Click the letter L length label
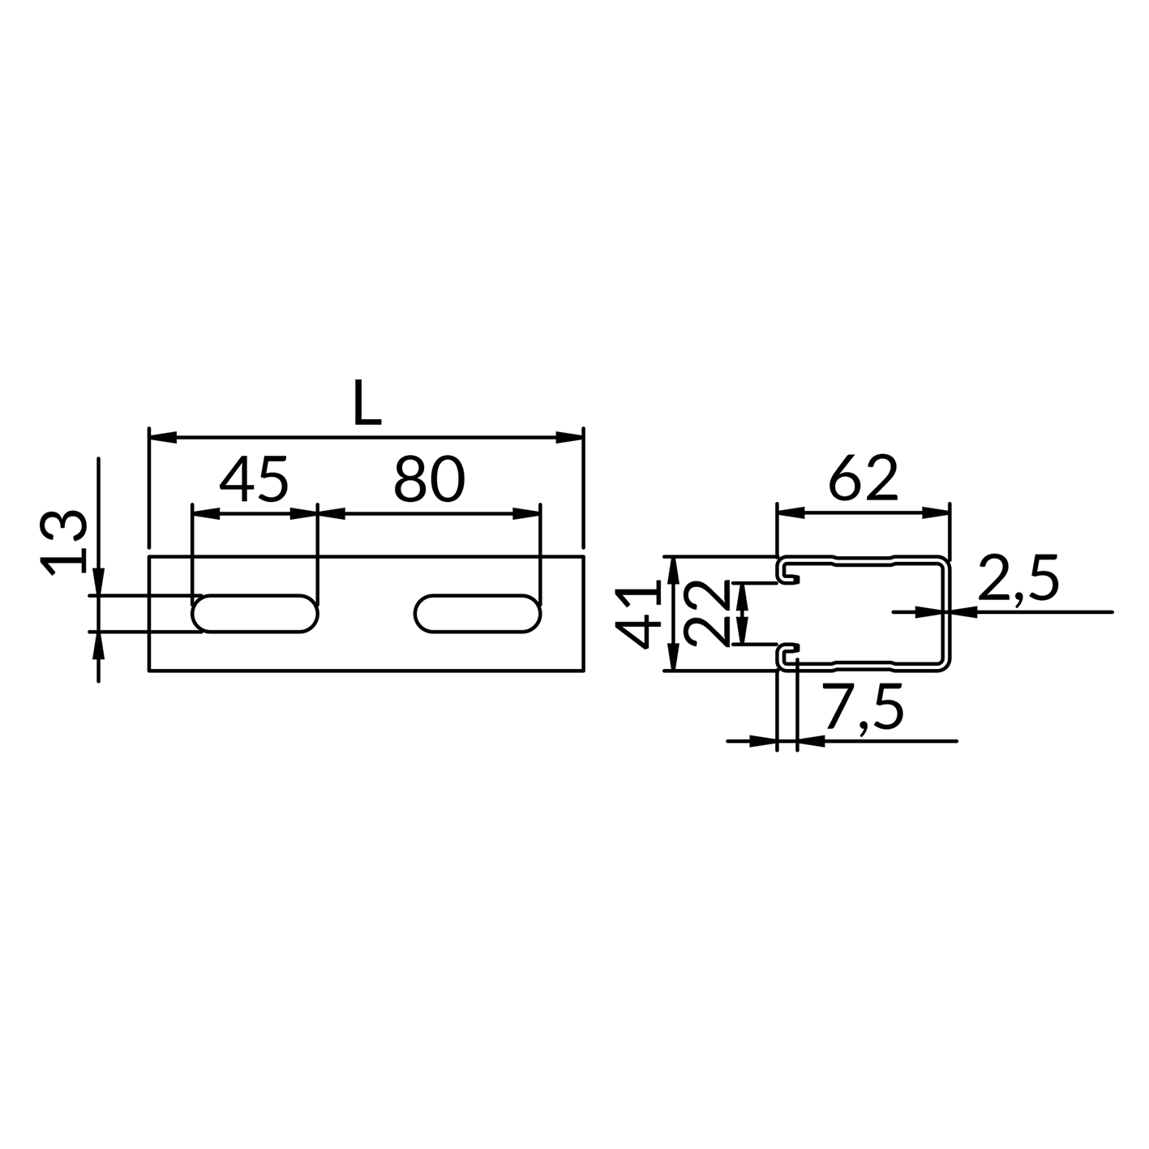click(367, 402)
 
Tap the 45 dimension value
click(254, 478)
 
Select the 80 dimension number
click(429, 478)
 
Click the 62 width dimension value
click(863, 478)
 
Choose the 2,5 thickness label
click(1018, 578)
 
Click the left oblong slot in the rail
click(255, 614)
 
